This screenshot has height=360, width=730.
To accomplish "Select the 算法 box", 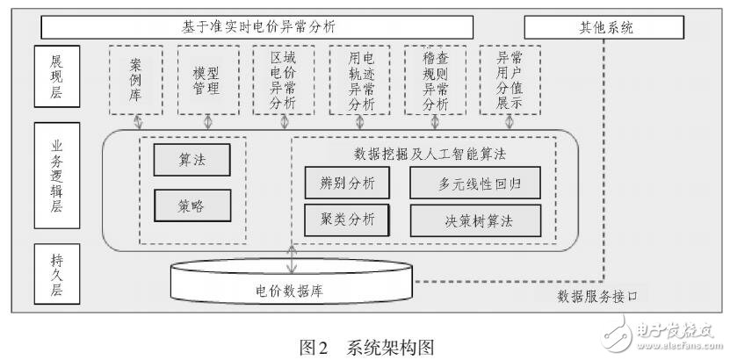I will click(191, 160).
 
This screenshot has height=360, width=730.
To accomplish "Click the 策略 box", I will click(191, 206).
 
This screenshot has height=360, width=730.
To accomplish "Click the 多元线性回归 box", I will click(474, 184).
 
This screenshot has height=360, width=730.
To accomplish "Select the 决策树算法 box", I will click(474, 220).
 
